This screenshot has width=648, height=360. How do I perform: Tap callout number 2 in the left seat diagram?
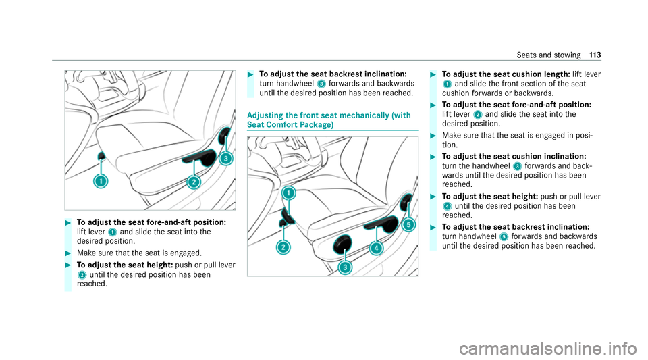pyautogui.click(x=193, y=182)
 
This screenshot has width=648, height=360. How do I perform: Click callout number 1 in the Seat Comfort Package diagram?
pyautogui.click(x=289, y=193)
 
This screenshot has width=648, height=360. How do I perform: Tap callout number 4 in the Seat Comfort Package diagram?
pyautogui.click(x=375, y=248)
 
